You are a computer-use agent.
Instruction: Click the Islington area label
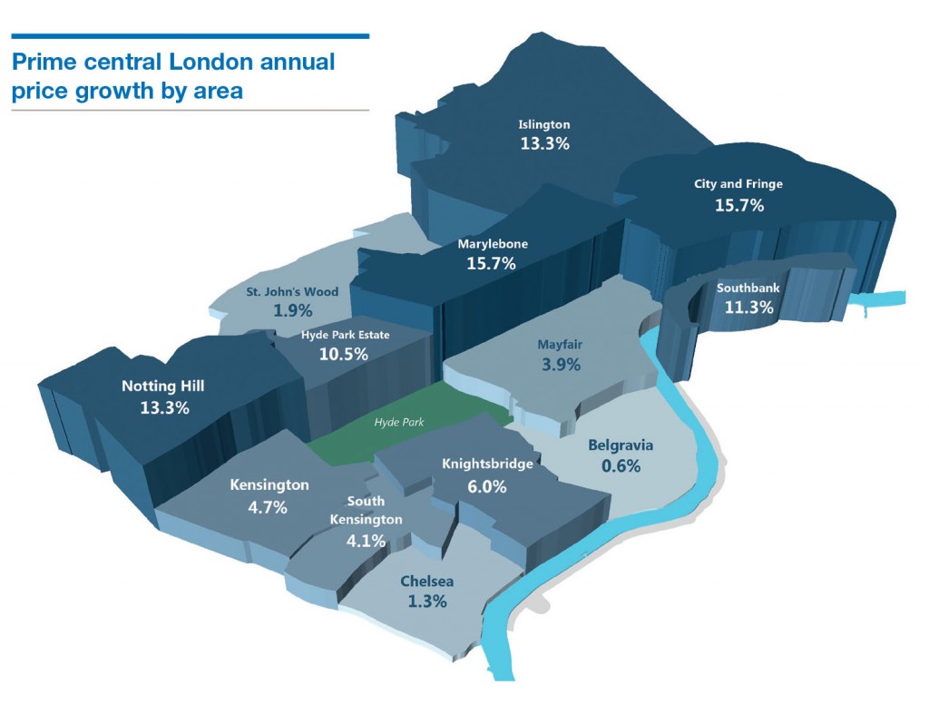tap(544, 124)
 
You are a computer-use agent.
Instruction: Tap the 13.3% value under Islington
tap(544, 143)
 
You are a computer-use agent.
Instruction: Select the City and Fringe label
tap(738, 184)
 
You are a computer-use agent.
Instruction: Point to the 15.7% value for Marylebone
tap(491, 264)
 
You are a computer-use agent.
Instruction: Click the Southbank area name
tap(748, 288)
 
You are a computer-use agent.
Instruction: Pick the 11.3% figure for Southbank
tap(748, 308)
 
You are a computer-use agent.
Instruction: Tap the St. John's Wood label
tap(292, 292)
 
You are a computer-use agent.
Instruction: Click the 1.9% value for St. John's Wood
tap(293, 310)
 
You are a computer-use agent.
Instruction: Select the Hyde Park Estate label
tap(345, 335)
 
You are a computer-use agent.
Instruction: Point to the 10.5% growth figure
tap(344, 354)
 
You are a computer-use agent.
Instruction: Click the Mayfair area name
tap(559, 345)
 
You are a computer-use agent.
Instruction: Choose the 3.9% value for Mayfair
tap(559, 365)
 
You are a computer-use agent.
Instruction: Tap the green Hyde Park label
tap(399, 422)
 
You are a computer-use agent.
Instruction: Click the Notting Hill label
tap(163, 386)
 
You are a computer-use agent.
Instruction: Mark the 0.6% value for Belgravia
tap(621, 466)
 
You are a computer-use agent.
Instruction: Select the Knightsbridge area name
tap(487, 464)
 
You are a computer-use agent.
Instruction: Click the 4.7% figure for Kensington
tap(268, 507)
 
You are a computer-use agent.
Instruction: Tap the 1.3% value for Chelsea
tap(426, 601)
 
